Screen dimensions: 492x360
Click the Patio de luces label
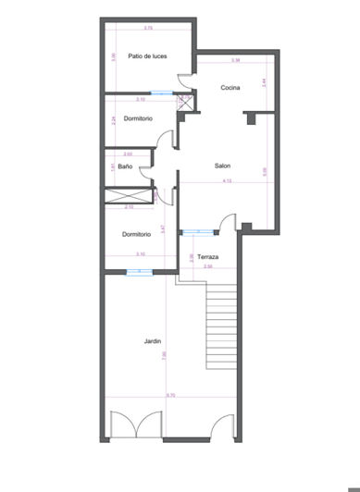[147, 55]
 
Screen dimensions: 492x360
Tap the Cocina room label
[230, 88]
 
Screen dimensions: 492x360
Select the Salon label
[222, 166]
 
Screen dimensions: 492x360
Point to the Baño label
[125, 166]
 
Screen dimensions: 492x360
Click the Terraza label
[208, 256]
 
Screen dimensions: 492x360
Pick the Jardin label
[153, 342]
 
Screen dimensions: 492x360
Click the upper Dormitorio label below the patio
[138, 118]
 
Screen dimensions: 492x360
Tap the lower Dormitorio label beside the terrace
[136, 234]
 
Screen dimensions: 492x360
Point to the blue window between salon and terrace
[195, 232]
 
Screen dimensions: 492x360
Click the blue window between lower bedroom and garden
[139, 271]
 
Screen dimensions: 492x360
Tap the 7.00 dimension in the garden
[164, 354]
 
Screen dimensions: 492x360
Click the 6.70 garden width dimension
[170, 396]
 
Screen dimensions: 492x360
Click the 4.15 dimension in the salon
[227, 181]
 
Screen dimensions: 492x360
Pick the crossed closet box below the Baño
[128, 195]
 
